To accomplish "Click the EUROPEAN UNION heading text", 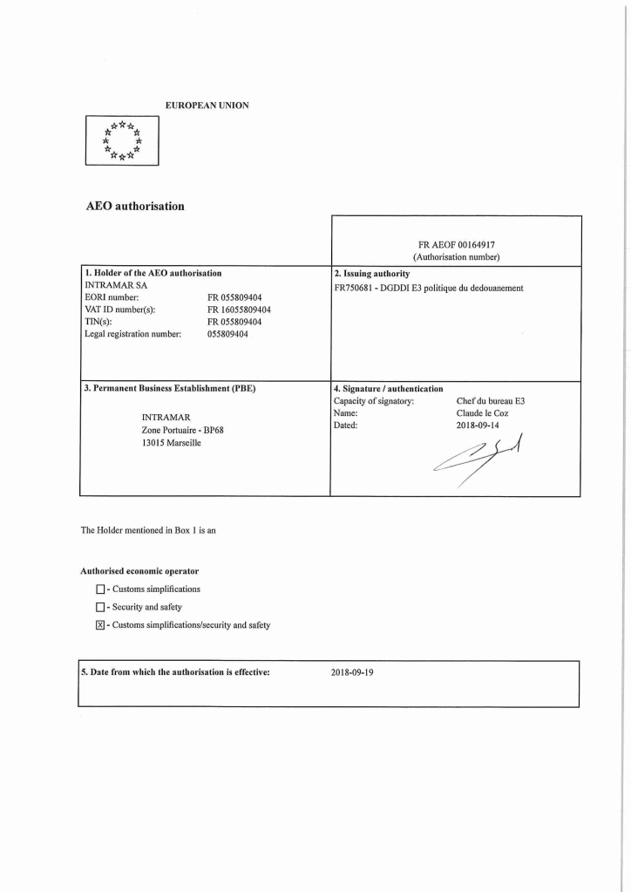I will [207, 106].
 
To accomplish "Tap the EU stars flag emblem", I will [121, 140].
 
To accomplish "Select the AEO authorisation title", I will [134, 207].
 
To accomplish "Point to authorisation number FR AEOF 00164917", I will [457, 245].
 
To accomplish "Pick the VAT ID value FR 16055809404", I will [239, 310].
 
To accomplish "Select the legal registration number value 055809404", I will [227, 334].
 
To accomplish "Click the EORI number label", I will [112, 297].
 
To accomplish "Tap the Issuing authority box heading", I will [371, 273].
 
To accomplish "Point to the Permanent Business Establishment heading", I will [170, 389].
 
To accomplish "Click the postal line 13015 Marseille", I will [171, 443].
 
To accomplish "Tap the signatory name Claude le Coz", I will [482, 413].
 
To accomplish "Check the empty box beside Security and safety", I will [99, 607].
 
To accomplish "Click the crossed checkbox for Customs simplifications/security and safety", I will [99, 625].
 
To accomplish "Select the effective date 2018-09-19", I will [352, 673].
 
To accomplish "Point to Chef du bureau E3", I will [491, 401].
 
